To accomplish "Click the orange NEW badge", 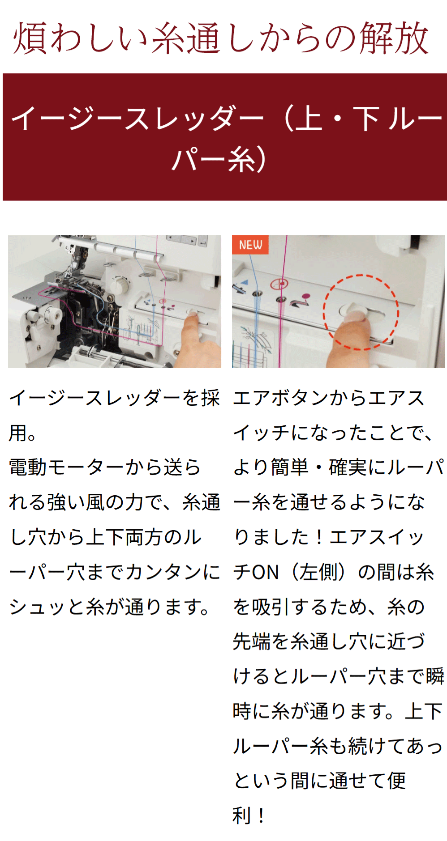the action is (250, 245).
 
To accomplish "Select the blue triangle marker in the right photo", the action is (245, 283).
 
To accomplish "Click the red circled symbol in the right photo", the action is (279, 284).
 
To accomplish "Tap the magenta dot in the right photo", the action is (306, 296).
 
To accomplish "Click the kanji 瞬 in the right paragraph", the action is (435, 677).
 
